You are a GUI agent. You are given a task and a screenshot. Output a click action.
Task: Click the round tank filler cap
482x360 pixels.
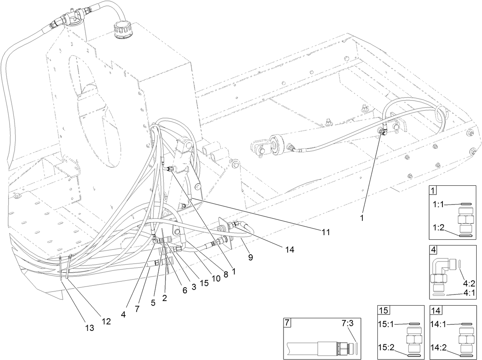(123, 29)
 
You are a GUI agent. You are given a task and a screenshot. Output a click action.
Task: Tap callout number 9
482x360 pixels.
(250, 258)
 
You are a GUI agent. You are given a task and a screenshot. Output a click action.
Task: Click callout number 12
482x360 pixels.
(106, 321)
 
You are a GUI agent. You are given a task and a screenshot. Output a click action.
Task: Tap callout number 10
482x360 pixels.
(216, 278)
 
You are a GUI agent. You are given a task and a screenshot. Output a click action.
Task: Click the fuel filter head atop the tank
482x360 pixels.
(73, 17)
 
